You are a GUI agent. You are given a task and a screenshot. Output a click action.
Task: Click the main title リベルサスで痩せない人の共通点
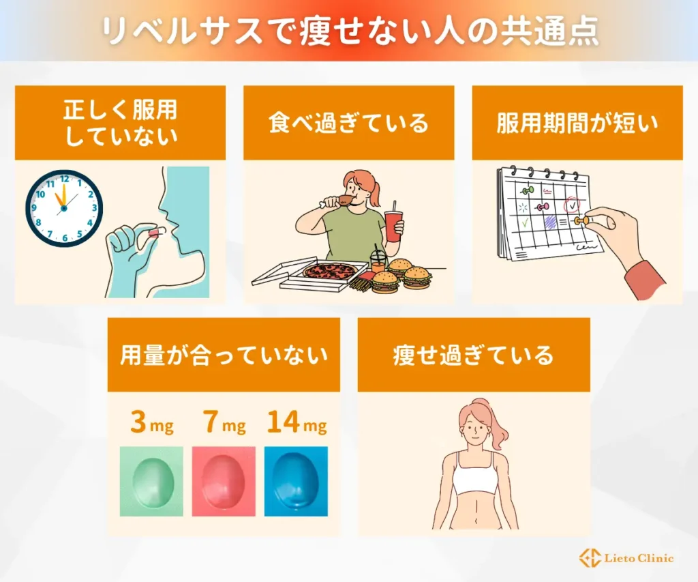(349, 31)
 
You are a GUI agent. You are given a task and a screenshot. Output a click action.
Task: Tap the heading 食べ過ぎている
(348, 123)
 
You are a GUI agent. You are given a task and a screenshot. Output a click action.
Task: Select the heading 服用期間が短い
(577, 123)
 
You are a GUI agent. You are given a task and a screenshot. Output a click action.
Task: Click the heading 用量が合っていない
(224, 355)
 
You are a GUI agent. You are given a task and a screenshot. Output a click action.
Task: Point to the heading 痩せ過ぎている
(473, 355)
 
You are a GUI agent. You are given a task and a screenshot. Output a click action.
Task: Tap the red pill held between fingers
(155, 234)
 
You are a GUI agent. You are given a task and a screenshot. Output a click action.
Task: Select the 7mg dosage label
(224, 424)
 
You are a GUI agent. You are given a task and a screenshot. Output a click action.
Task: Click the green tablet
(151, 480)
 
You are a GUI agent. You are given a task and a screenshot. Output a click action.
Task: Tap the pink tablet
(224, 480)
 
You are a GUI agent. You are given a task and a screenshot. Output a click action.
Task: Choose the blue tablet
(296, 480)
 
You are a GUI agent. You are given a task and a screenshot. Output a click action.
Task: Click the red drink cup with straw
(393, 224)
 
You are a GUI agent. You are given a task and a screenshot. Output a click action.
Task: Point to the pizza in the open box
(329, 271)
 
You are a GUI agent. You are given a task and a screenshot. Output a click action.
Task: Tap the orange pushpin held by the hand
(580, 221)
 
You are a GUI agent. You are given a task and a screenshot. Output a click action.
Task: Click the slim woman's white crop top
(475, 479)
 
